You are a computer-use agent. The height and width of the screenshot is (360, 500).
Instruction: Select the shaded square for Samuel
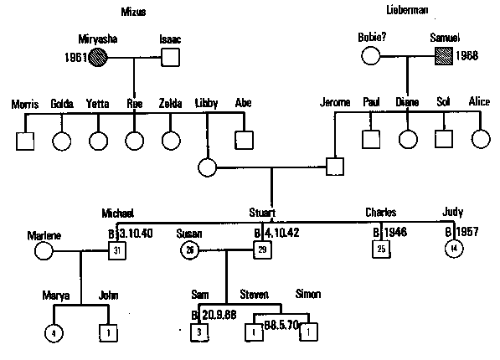(445, 57)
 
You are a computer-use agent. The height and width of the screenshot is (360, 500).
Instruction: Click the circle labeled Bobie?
(371, 57)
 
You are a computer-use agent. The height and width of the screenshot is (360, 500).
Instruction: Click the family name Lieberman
(408, 11)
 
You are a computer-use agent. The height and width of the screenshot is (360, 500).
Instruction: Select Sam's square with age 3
(198, 332)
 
